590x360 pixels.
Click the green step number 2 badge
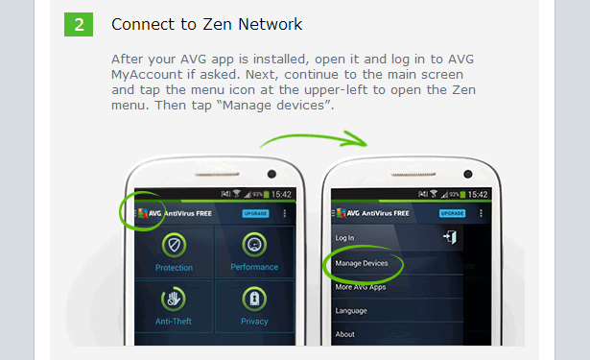click(79, 23)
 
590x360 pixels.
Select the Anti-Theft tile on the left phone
click(174, 305)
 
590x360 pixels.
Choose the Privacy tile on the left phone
click(253, 305)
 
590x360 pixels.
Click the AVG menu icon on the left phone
click(142, 213)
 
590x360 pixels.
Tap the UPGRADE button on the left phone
click(255, 213)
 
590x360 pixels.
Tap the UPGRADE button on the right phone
click(452, 213)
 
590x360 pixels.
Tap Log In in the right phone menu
click(344, 237)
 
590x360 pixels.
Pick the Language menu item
click(350, 311)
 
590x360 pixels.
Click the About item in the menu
click(344, 334)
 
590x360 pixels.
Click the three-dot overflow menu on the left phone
click(284, 213)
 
